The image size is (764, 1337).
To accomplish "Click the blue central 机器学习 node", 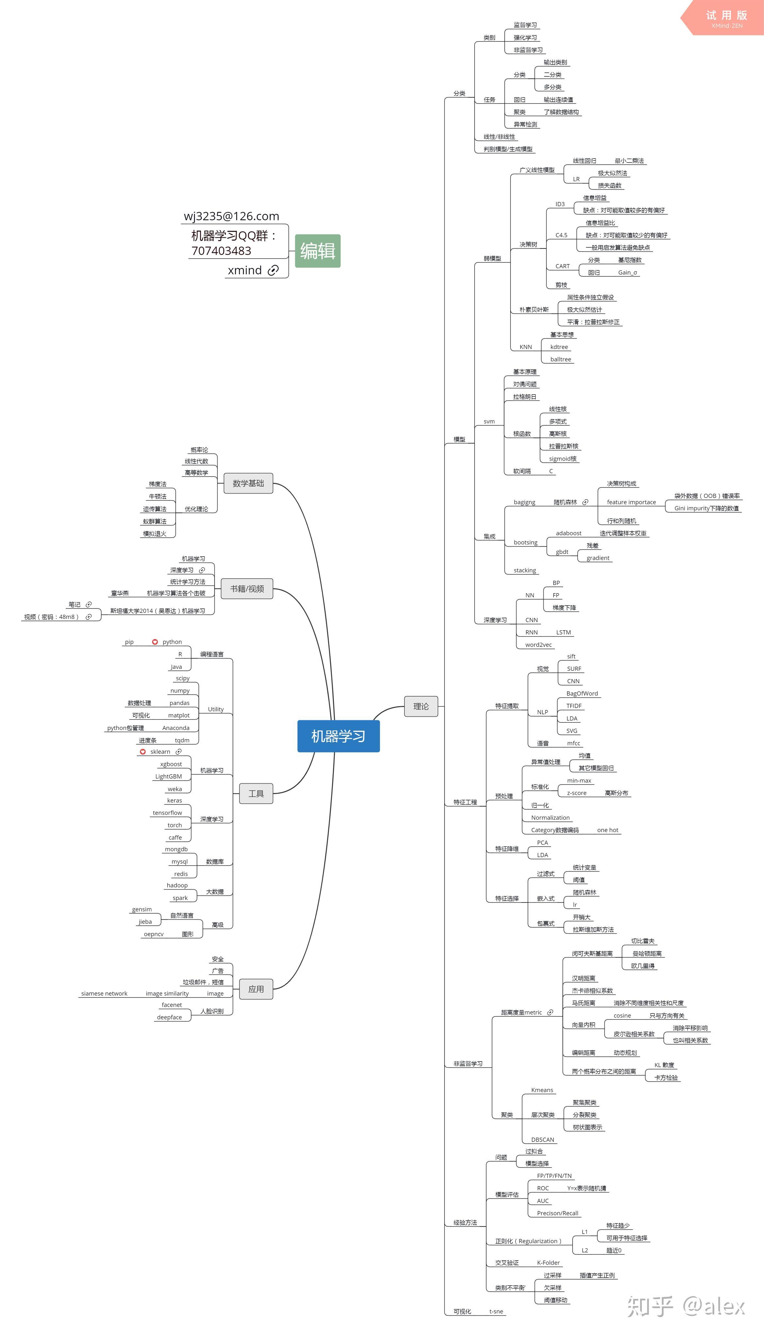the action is (338, 736).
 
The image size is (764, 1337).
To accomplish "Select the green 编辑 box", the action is (317, 251).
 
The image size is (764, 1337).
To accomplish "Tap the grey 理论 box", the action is (421, 706).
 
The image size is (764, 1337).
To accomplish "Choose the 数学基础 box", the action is (248, 483).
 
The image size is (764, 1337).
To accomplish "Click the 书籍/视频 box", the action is (247, 589).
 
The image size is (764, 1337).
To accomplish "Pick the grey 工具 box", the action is (256, 793).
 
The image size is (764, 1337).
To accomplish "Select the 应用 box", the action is (256, 989).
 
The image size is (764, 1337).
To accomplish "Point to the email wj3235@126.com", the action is (231, 216).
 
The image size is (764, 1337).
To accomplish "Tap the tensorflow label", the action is (167, 813).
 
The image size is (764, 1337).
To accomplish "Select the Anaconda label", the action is (176, 728).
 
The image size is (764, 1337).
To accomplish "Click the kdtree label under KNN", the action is (559, 347).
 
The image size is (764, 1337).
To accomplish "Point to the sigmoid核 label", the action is (562, 458).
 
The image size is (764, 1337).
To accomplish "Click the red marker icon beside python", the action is (155, 642).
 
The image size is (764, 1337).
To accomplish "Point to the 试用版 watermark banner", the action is (726, 18).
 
